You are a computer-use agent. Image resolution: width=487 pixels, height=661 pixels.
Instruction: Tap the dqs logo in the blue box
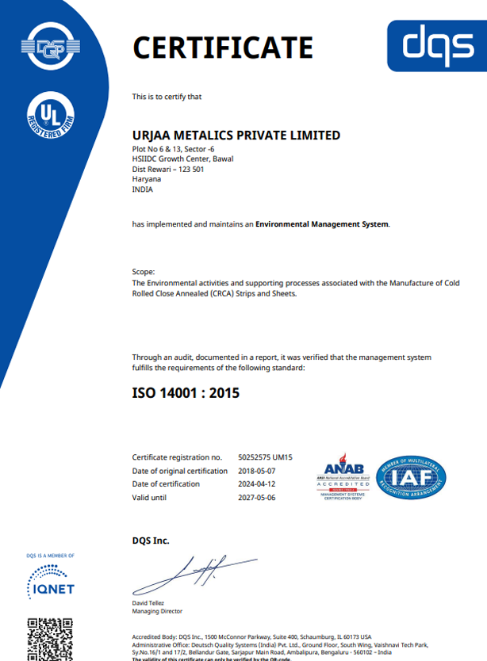pos(437,45)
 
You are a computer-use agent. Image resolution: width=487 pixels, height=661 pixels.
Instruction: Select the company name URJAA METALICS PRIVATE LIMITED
pos(236,136)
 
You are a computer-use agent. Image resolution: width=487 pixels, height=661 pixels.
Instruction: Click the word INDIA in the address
pos(143,189)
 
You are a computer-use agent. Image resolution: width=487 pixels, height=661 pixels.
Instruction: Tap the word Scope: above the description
pos(144,272)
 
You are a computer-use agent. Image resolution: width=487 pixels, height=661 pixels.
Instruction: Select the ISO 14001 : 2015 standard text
pos(186,392)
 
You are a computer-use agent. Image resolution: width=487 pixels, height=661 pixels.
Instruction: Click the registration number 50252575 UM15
pos(266,457)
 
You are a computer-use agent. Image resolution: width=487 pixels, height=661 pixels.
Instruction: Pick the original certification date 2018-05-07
pos(255,471)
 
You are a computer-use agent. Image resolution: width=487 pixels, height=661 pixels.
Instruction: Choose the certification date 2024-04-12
pos(255,483)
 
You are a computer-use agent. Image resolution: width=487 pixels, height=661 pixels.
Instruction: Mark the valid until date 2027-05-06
pos(255,497)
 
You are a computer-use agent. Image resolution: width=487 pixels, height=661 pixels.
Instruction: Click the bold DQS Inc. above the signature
pos(151,541)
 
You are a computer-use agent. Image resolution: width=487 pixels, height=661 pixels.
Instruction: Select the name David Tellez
pos(153,604)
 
